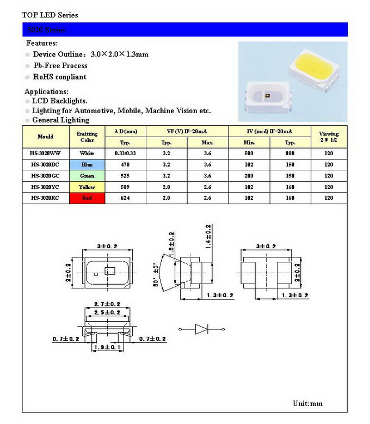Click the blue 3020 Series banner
coord(185,29)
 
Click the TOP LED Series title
coord(50,15)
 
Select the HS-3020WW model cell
coord(46,153)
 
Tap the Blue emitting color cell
coord(87,164)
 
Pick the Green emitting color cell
coord(87,176)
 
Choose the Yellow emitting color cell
coord(87,187)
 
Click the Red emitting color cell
coord(87,198)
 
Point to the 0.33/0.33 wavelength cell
coord(125,153)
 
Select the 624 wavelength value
coord(125,198)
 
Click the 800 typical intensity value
coord(290,153)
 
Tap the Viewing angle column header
coord(328,136)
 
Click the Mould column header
coord(46,137)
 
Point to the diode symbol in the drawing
coord(201,329)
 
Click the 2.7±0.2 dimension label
coord(107,304)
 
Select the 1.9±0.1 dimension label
coord(107,347)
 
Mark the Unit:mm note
coord(307,403)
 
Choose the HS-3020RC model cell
coord(46,198)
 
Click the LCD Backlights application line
coord(60,101)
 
